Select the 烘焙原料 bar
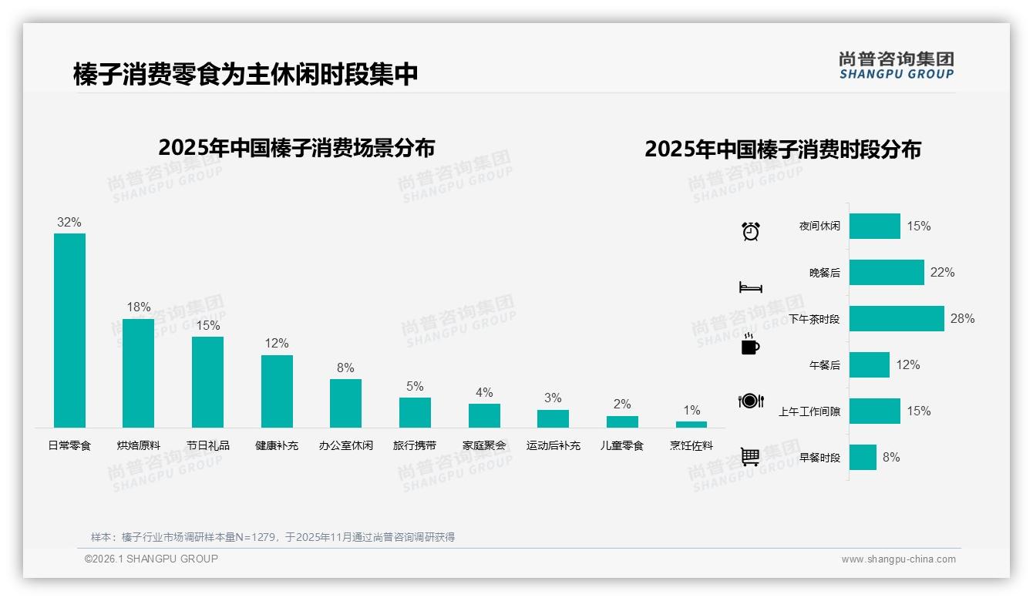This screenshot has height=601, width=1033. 139,373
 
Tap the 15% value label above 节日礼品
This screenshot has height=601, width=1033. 207,326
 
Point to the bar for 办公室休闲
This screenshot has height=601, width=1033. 345,403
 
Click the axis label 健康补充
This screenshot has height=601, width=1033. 277,445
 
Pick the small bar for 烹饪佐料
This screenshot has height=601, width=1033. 691,425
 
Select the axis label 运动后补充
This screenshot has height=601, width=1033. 554,445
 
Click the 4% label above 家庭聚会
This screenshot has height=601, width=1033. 484,392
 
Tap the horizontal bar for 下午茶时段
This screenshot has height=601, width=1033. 897,318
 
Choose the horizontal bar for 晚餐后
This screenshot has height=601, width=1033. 887,272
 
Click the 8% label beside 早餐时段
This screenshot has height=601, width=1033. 891,457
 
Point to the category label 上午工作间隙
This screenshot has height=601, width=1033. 809,411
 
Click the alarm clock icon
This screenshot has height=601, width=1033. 751,231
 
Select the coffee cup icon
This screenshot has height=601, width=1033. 750,344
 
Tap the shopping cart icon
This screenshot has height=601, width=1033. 750,457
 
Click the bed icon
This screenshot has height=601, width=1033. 750,287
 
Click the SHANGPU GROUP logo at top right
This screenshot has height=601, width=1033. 896,65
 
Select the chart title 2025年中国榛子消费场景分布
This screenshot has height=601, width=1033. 297,148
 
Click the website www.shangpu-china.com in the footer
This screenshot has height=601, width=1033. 898,559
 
